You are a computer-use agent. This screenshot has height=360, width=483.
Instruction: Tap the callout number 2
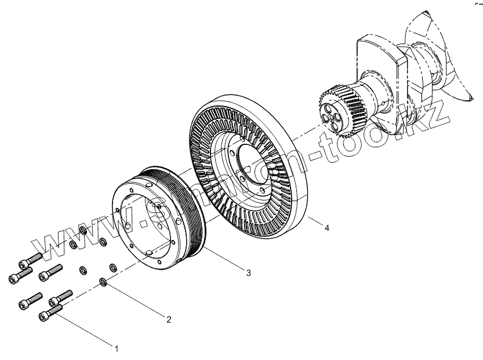[x=169, y=319]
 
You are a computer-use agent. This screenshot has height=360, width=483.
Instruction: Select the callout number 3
[x=248, y=272]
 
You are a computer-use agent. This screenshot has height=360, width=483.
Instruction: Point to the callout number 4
[x=327, y=228]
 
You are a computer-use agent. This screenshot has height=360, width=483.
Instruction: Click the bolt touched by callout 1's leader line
[x=49, y=314]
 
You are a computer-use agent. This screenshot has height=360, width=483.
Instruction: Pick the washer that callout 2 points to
[x=103, y=282]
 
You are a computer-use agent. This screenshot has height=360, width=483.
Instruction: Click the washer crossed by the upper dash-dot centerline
[x=83, y=231]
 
